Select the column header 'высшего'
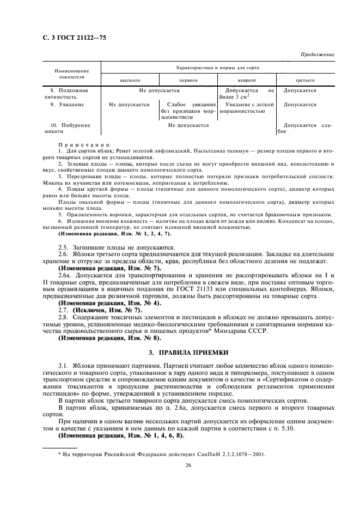tap(130, 80)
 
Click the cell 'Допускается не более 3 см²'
tap(247, 93)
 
